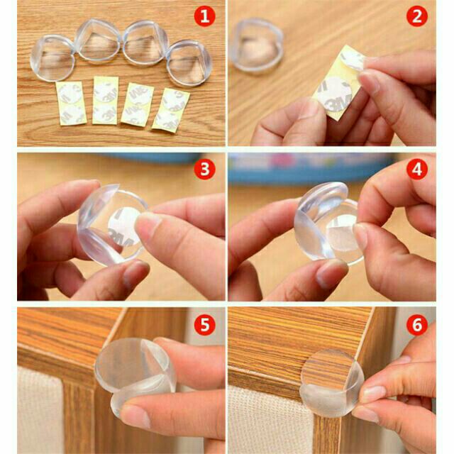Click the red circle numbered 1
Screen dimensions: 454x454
coord(205,16)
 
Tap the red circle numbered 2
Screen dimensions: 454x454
coord(417,16)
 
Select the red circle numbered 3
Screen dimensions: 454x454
coord(205,169)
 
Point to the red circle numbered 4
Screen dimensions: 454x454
coord(417,169)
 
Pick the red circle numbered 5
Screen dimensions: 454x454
coord(205,325)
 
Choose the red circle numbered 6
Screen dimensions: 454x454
coord(417,325)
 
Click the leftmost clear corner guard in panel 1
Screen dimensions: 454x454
coord(52,57)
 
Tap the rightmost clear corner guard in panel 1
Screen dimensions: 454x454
coord(189,63)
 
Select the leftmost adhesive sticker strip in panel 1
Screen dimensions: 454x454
coord(71,104)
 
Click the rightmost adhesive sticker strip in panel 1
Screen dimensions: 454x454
coord(171,109)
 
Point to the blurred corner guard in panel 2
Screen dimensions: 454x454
coord(256,45)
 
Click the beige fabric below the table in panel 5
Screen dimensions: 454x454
coord(40,411)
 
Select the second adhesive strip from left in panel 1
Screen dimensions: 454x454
coord(105,100)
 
